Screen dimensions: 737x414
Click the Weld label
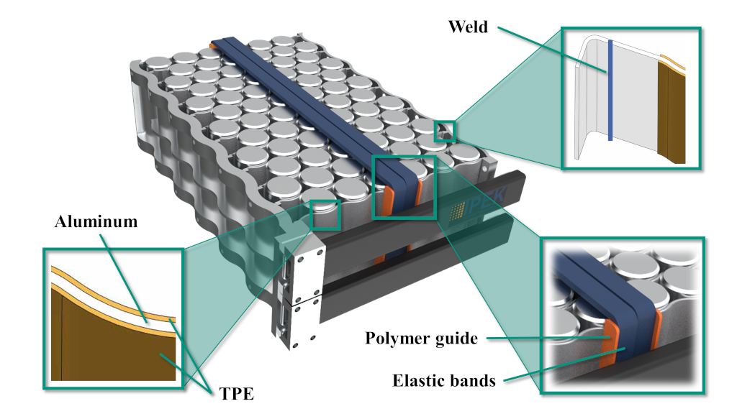(x=468, y=27)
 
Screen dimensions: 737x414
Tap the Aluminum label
(x=96, y=221)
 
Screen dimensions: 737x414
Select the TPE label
(x=236, y=393)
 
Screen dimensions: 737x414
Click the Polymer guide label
(x=421, y=339)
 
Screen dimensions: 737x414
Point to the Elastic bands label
(x=443, y=380)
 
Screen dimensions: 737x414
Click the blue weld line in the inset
(x=610, y=90)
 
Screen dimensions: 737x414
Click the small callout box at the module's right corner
(x=445, y=132)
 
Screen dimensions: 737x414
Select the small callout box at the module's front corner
(x=325, y=214)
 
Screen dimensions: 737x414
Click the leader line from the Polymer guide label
(x=548, y=338)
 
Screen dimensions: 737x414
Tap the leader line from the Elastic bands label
(x=564, y=364)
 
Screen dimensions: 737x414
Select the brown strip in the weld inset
(x=672, y=113)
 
